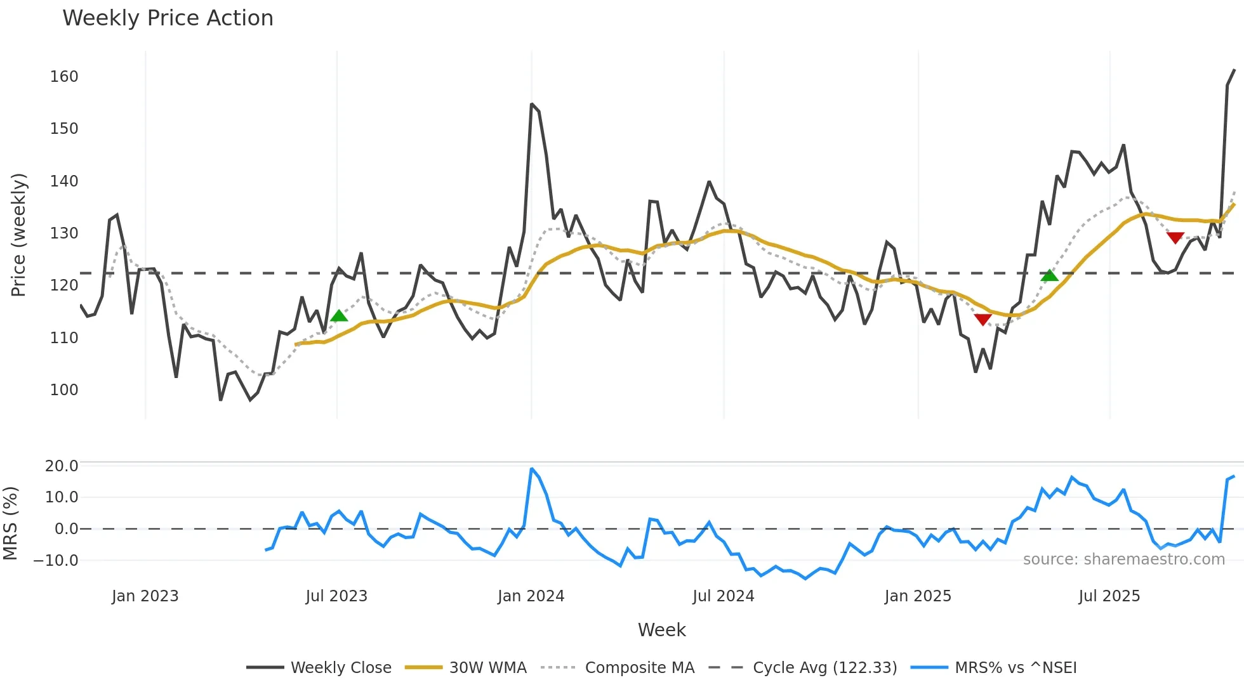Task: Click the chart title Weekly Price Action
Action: point(168,18)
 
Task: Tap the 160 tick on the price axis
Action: point(64,77)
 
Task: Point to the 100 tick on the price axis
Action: point(64,390)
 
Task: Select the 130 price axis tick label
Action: point(64,233)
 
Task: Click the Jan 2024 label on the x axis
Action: point(531,596)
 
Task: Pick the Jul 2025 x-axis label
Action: point(1109,596)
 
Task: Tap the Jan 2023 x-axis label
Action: point(145,596)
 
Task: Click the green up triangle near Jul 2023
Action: point(339,316)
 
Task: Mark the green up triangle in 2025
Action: point(1049,275)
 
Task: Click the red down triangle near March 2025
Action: point(983,320)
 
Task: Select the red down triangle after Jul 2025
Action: point(1175,238)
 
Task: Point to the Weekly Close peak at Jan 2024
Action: point(531,104)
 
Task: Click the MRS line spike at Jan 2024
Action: point(531,469)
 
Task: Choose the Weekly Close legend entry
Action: point(340,668)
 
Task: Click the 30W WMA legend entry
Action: point(487,668)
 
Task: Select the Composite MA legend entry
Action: point(639,668)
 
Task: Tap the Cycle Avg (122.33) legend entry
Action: point(824,668)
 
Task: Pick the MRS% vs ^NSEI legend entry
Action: point(1016,668)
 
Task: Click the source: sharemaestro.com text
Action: point(1123,559)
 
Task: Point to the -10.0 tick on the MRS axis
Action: point(56,561)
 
